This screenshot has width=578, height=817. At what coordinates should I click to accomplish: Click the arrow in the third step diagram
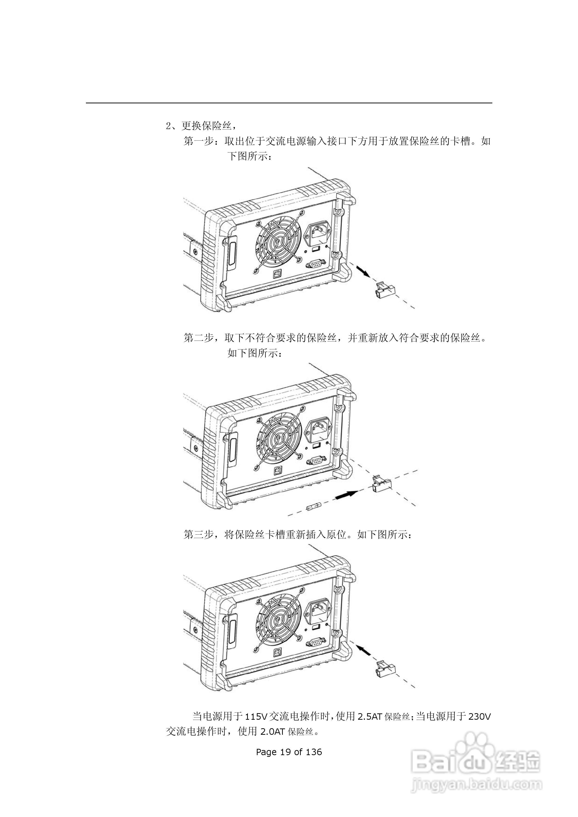click(x=364, y=651)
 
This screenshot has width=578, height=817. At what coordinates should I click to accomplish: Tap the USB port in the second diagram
click(x=277, y=471)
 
